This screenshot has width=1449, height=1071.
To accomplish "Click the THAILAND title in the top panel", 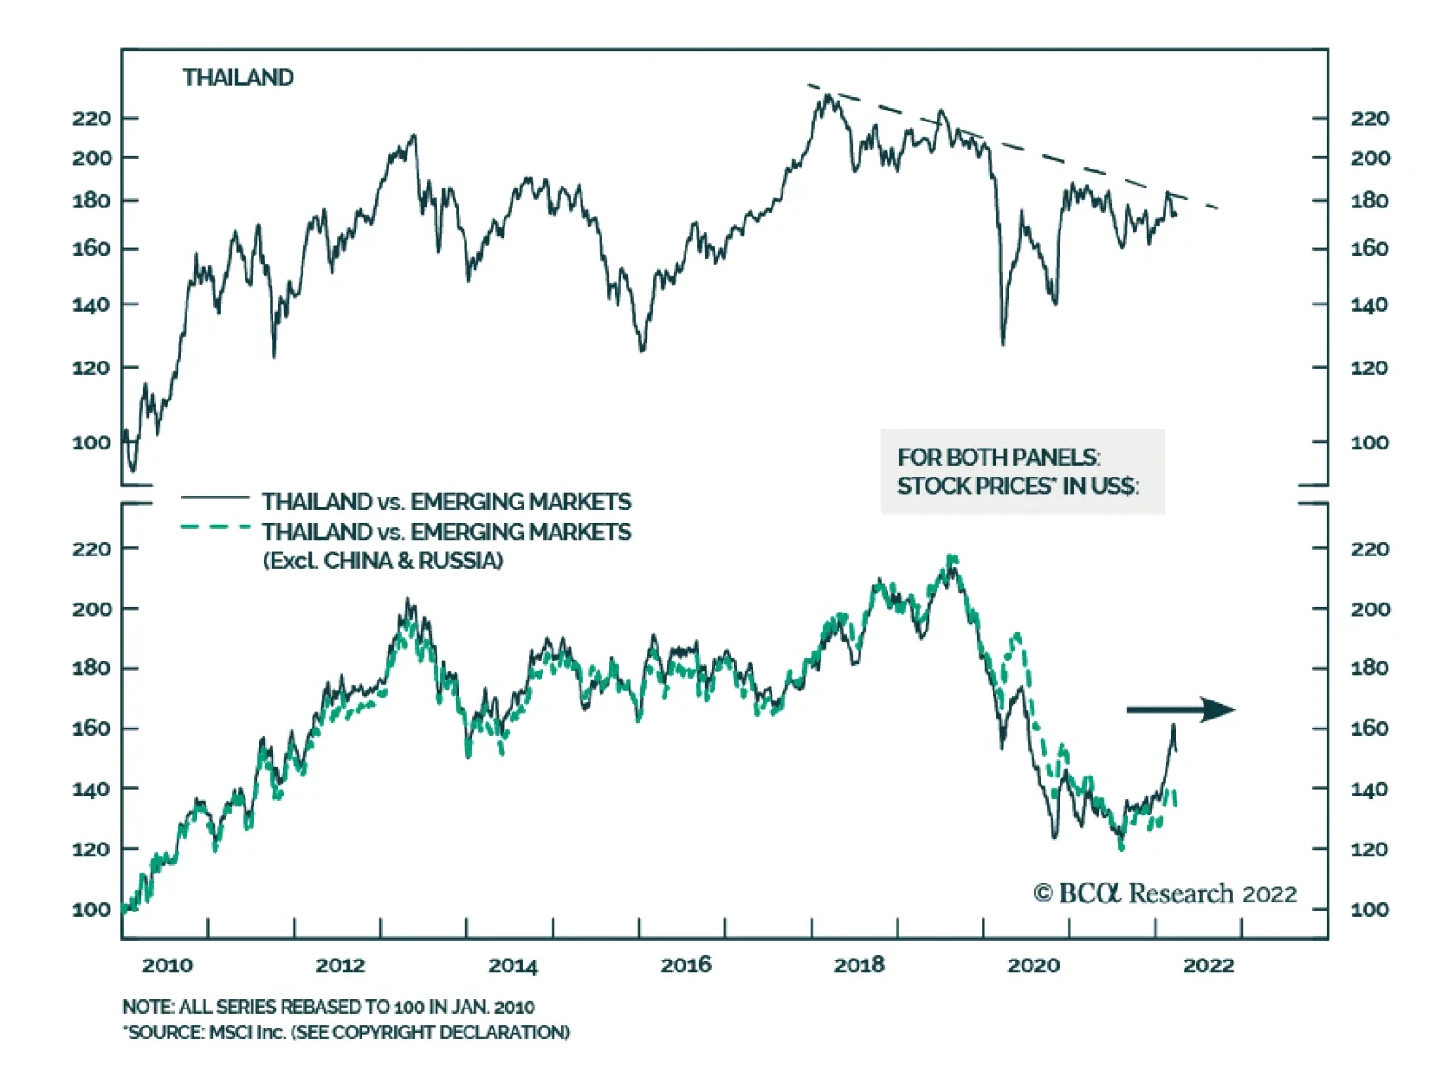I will pos(238,78).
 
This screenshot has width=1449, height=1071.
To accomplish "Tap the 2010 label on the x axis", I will pos(168,965).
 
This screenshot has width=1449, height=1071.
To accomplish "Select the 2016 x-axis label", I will pos(686,965).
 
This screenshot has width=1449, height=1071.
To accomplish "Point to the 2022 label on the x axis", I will pos(1208,965).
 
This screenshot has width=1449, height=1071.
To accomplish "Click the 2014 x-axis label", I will pos(513,965).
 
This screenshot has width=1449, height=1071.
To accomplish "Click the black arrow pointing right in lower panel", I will pos(1180,709).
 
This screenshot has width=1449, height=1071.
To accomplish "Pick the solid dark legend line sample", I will pos(216,497).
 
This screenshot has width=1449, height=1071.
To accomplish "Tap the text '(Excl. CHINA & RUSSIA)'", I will pos(383,561).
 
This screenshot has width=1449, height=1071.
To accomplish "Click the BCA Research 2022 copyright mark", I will pos(1165,894).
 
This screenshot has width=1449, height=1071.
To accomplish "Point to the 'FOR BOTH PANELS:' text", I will pos(999,457).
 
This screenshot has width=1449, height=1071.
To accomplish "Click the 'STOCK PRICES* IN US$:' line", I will pos(1018,487).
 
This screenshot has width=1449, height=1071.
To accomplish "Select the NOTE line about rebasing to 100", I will pos(328,1007).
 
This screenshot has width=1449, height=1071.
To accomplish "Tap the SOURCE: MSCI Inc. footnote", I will pos(346,1032).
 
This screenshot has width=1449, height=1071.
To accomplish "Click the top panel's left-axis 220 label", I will pos(91,119).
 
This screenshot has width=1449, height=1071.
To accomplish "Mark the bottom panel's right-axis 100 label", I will pos(1369,910).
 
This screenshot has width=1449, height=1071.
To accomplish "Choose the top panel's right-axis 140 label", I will pos(1369,305).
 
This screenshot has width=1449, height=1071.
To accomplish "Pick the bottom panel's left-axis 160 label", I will pos(91,728).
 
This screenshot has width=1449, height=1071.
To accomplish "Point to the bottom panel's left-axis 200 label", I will pos(91,609).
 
